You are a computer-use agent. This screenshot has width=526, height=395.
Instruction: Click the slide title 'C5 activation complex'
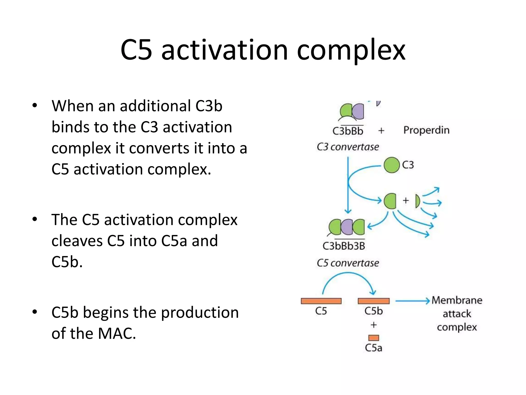pyautogui.click(x=263, y=50)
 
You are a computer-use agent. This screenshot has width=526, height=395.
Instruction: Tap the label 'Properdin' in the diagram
pyautogui.click(x=426, y=130)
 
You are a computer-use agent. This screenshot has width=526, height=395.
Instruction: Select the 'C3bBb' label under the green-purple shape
pyautogui.click(x=348, y=131)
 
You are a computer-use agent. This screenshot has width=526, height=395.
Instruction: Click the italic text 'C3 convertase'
pyautogui.click(x=348, y=147)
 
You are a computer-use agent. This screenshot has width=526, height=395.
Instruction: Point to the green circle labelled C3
pyautogui.click(x=392, y=165)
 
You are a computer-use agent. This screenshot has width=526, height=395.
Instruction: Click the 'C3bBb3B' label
pyautogui.click(x=344, y=246)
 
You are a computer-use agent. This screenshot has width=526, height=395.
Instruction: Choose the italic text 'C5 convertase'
pyautogui.click(x=348, y=263)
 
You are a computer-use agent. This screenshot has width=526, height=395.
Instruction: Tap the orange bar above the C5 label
pyautogui.click(x=321, y=301)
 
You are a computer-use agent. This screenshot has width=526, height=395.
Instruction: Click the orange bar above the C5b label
pyautogui.click(x=374, y=301)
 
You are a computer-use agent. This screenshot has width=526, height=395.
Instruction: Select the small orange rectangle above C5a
pyautogui.click(x=374, y=338)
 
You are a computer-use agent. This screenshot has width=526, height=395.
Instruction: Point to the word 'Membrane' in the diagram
pyautogui.click(x=457, y=300)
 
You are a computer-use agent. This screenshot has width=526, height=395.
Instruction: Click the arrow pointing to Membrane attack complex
pyautogui.click(x=412, y=301)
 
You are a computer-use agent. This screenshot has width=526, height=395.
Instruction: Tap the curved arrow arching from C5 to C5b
pyautogui.click(x=348, y=274)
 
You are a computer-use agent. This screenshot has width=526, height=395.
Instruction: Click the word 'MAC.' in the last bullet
pyautogui.click(x=117, y=334)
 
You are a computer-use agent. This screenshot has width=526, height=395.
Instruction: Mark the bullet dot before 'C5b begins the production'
pyautogui.click(x=35, y=312)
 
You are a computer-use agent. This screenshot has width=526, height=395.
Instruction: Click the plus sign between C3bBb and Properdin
pyautogui.click(x=381, y=131)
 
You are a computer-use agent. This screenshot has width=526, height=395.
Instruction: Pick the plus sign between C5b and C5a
pyautogui.click(x=374, y=325)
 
